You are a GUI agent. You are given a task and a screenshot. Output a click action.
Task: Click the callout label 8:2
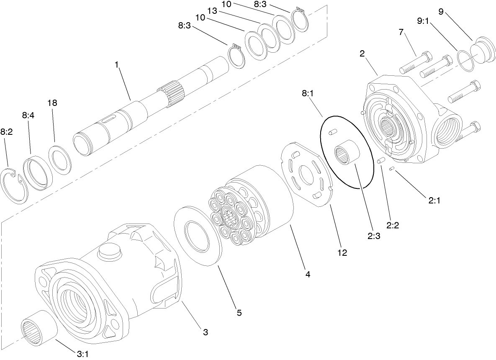click(7, 131)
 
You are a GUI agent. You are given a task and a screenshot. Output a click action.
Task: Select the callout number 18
click(52, 103)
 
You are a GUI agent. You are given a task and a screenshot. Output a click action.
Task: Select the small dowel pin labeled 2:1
click(392, 169)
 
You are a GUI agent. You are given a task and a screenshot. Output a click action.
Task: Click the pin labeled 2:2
click(381, 161)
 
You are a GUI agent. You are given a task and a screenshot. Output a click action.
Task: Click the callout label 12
click(342, 253)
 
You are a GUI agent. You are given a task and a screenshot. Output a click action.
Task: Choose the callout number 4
click(308, 275)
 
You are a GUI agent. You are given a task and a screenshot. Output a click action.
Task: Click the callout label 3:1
click(81, 354)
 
